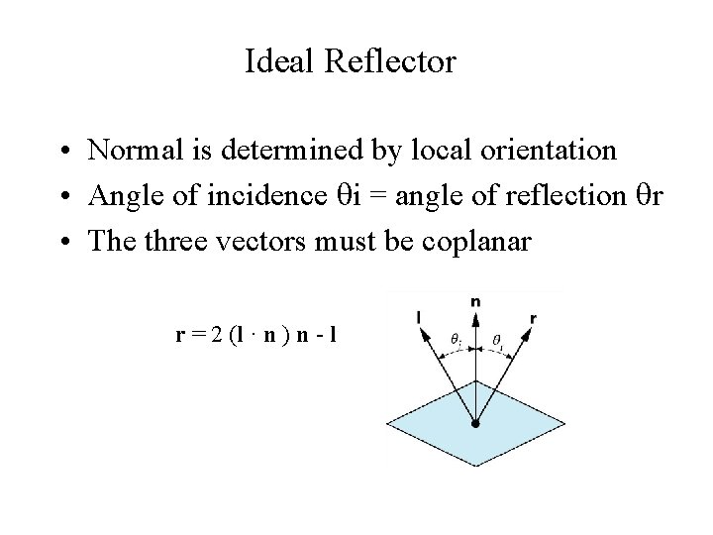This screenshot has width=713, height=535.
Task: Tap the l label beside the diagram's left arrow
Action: (x=420, y=317)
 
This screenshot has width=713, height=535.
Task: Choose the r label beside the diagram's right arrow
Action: (x=533, y=319)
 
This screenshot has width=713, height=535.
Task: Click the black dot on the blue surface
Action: (x=475, y=424)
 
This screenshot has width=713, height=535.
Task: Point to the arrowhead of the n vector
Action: (x=476, y=314)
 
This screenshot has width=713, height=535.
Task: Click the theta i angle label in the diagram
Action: (x=456, y=340)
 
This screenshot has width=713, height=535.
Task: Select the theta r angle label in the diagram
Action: (x=497, y=340)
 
